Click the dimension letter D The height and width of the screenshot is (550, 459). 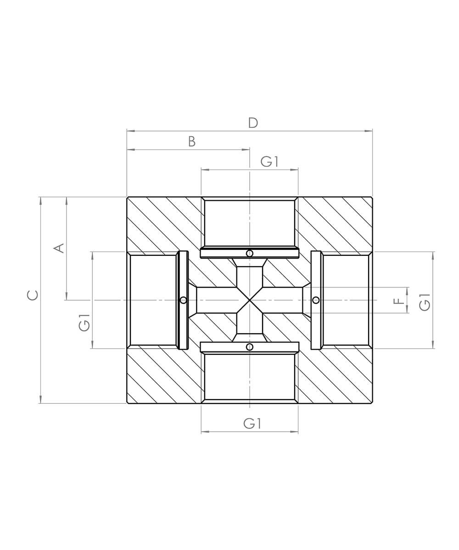click(x=253, y=123)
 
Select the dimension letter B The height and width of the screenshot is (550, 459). click(x=192, y=142)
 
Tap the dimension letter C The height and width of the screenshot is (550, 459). click(x=33, y=295)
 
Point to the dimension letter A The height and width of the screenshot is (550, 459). click(x=59, y=248)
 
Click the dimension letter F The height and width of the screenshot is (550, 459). click(x=399, y=301)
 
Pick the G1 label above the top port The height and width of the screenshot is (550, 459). click(x=269, y=162)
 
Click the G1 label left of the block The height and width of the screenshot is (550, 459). click(x=84, y=323)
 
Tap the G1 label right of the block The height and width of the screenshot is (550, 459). click(x=425, y=302)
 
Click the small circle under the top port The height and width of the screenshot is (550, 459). click(x=250, y=253)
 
